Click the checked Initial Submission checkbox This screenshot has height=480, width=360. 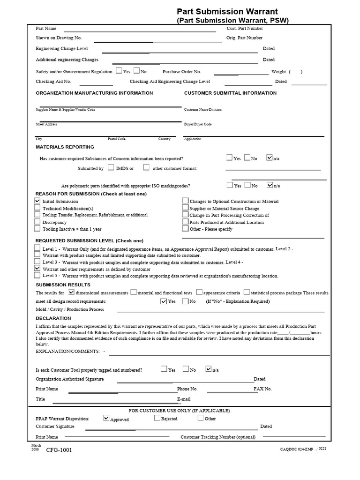pyautogui.click(x=37, y=201)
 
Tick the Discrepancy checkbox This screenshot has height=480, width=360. pyautogui.click(x=37, y=222)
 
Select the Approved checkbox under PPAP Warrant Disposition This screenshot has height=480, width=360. pyautogui.click(x=106, y=418)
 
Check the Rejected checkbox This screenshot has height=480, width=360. pyautogui.click(x=157, y=418)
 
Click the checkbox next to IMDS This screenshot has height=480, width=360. pyautogui.click(x=111, y=167)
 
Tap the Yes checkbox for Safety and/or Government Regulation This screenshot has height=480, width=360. pyautogui.click(x=119, y=71)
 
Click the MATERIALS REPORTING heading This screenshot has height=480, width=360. pyautogui.click(x=65, y=147)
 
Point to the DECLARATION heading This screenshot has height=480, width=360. pyautogui.click(x=53, y=318)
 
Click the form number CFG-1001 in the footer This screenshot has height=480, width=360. pyautogui.click(x=59, y=450)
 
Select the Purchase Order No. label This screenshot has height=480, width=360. pyautogui.click(x=181, y=72)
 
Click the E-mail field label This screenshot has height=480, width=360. pyautogui.click(x=184, y=399)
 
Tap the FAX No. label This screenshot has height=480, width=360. pyautogui.click(x=262, y=389)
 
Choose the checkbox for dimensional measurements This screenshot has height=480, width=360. pyautogui.click(x=72, y=292)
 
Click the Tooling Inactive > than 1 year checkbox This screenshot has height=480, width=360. pyautogui.click(x=37, y=229)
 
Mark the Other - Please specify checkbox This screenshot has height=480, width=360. pyautogui.click(x=186, y=229)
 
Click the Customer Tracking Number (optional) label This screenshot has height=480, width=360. pyautogui.click(x=218, y=437)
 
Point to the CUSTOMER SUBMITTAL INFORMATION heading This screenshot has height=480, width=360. pyautogui.click(x=230, y=93)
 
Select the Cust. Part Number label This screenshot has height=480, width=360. pyautogui.click(x=248, y=29)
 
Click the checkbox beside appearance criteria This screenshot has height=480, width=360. pyautogui.click(x=200, y=292)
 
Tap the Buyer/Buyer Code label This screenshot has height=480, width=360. pyautogui.click(x=198, y=124)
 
